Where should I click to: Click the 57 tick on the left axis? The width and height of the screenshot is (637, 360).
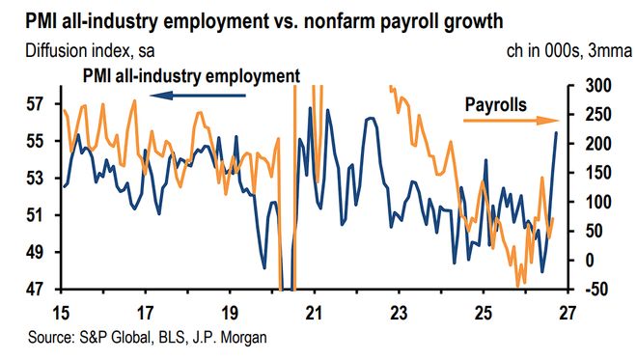(x=34, y=104)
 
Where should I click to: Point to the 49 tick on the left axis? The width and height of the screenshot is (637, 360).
(x=34, y=252)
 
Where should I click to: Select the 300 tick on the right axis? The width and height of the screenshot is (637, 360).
(x=598, y=86)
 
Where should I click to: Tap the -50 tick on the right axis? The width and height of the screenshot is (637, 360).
(x=595, y=289)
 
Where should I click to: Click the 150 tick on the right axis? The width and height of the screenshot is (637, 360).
(x=598, y=173)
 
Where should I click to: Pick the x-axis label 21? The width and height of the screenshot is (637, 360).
(x=314, y=314)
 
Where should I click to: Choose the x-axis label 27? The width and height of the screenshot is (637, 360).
(x=568, y=314)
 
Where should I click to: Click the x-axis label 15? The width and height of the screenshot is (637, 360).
(x=61, y=314)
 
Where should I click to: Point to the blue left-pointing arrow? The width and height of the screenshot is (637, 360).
(x=198, y=96)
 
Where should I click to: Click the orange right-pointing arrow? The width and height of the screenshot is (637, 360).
(x=512, y=121)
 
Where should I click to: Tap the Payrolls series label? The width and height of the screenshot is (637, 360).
(x=496, y=105)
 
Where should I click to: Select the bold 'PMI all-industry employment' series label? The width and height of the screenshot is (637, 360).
(x=191, y=76)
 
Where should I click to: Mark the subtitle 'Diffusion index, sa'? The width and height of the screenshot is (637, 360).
(x=90, y=51)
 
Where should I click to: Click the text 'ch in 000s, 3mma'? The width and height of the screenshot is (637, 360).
(x=569, y=51)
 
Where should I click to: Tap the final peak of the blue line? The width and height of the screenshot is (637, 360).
(x=556, y=132)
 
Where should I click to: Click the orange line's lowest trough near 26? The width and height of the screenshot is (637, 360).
(x=518, y=286)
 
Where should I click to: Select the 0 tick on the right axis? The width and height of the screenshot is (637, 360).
(x=590, y=260)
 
